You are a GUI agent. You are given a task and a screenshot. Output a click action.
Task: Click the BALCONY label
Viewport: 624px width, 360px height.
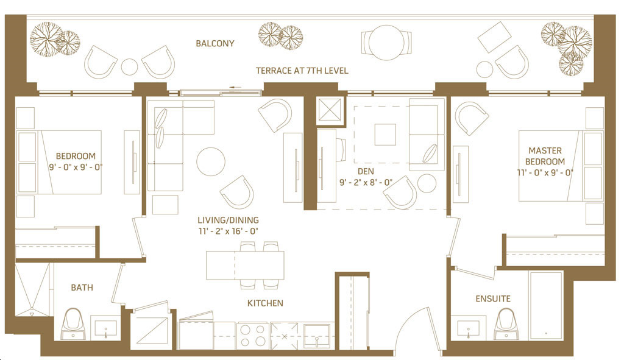[x=215, y=43]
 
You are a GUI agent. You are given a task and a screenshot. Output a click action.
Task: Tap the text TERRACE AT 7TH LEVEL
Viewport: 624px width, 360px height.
[x=302, y=71]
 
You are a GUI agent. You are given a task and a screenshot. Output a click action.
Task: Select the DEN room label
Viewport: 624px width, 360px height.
[x=366, y=171]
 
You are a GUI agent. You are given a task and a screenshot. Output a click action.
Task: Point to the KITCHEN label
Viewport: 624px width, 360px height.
[x=266, y=303]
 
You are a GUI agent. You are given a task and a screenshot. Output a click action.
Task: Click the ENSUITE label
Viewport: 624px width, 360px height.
[x=493, y=298]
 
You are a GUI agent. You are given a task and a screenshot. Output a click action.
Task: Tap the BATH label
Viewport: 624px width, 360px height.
[x=82, y=288]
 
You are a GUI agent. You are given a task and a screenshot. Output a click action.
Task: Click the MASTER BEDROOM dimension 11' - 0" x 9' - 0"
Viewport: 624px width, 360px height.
[x=545, y=172]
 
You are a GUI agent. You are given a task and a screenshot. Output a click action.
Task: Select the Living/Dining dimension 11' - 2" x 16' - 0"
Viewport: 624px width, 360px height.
[x=229, y=231]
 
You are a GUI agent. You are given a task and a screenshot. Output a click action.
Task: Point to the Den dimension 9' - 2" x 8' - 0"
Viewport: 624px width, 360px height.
[x=366, y=183]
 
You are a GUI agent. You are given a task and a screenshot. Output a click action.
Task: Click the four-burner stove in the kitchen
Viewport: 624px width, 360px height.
[x=253, y=336]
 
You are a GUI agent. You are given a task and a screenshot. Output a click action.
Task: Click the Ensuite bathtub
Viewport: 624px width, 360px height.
[x=546, y=306]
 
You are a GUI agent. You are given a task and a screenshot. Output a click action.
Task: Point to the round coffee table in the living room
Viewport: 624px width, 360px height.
[x=211, y=162]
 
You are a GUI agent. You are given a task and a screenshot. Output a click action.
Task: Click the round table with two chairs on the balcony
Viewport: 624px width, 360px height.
[x=386, y=43]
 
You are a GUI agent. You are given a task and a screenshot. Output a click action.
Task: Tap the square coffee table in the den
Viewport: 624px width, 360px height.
[x=385, y=135]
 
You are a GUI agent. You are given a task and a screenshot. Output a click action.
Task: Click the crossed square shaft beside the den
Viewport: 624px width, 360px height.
[x=330, y=110]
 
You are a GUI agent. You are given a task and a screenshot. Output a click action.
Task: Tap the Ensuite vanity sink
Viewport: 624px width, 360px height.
[x=468, y=328]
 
